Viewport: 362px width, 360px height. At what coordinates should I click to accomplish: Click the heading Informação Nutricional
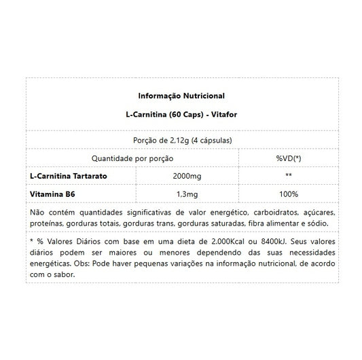181,95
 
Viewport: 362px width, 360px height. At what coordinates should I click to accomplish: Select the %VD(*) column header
288,158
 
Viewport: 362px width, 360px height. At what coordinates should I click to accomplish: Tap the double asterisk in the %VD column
288,176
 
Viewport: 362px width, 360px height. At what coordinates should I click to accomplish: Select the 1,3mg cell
187,194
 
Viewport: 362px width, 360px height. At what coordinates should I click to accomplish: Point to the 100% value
288,194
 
